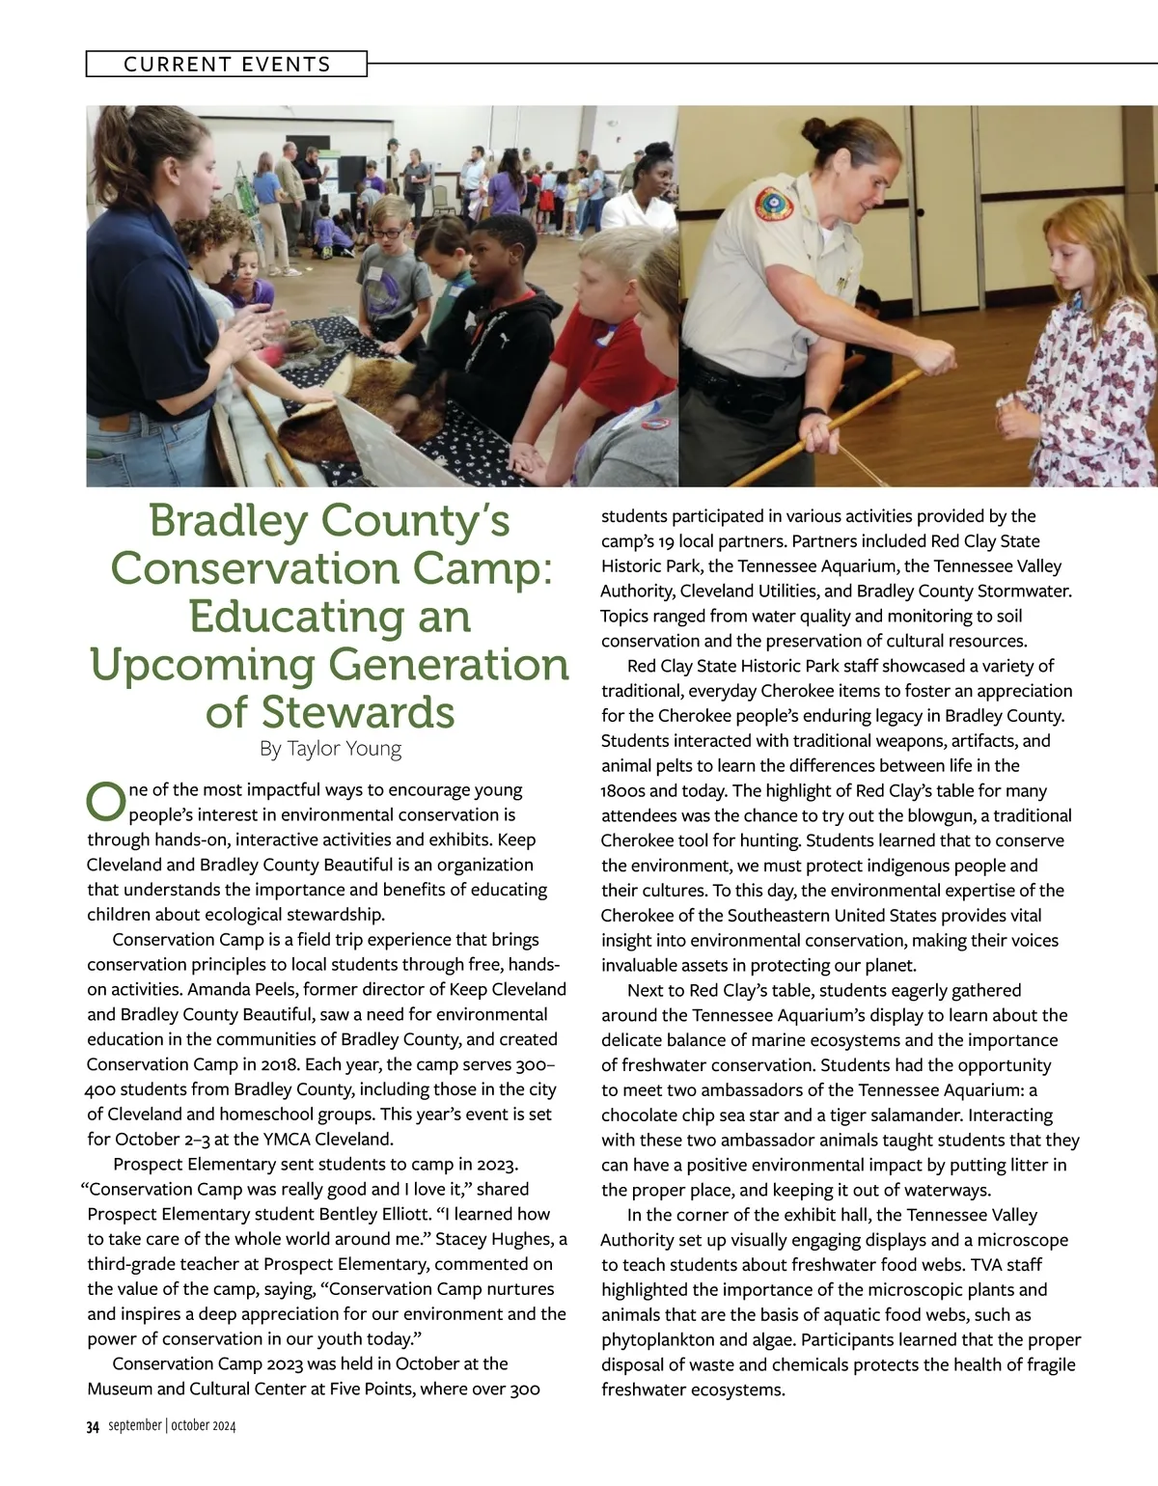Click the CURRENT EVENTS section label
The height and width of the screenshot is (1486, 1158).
tap(227, 65)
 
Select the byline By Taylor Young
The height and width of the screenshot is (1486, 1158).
tap(330, 749)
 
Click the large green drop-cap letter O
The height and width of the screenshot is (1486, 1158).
tap(106, 799)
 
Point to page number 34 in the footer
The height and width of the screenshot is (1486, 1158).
tap(93, 1427)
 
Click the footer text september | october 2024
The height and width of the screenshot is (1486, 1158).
tap(172, 1426)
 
